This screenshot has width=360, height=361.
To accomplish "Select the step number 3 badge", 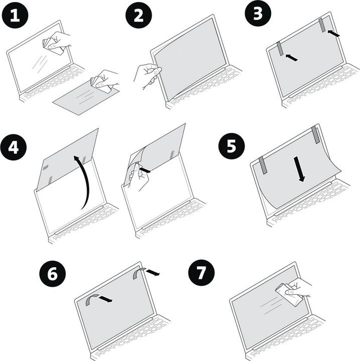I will [258, 14].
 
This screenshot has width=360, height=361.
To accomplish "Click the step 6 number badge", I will [53, 274].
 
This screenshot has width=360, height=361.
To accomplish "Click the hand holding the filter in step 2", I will [146, 74].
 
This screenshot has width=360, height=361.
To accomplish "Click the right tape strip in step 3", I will [322, 25].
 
